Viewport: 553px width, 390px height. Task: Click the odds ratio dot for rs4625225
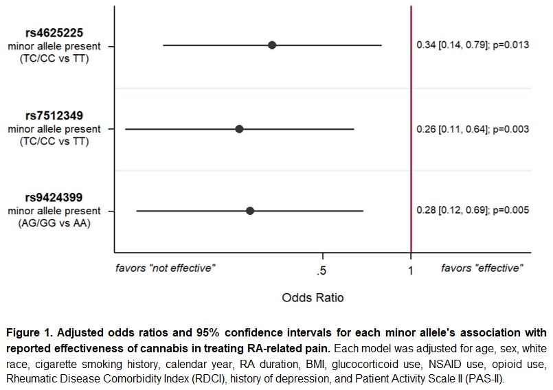tap(272, 45)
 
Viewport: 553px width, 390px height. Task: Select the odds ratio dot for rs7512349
tap(239, 128)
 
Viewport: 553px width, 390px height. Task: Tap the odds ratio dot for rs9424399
tap(250, 211)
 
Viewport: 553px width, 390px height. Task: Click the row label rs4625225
tap(54, 33)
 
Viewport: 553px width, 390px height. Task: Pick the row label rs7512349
tap(54, 116)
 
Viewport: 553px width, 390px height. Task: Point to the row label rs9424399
tap(54, 198)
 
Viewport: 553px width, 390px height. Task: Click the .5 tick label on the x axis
tap(321, 271)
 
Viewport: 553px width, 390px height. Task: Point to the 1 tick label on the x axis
tap(411, 271)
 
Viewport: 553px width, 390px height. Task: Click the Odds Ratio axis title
tap(313, 298)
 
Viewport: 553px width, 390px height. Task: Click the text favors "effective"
tap(482, 268)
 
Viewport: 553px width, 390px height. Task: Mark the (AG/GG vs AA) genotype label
tap(54, 223)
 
